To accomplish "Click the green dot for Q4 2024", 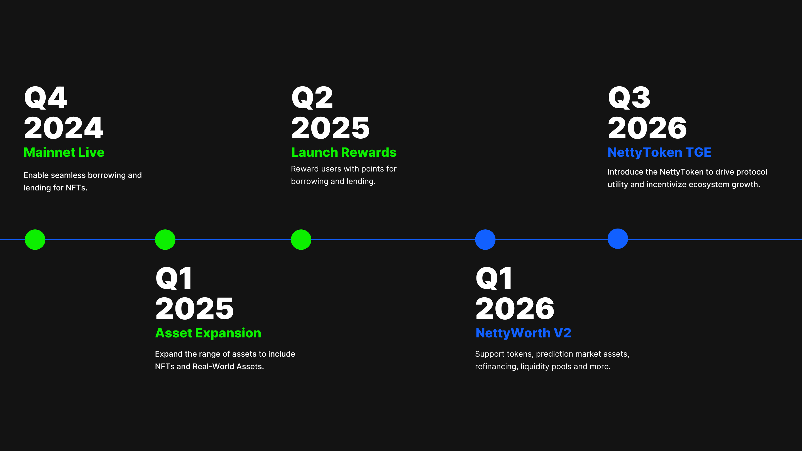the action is [x=35, y=239].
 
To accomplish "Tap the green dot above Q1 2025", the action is [x=165, y=239].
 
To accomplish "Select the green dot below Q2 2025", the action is [x=301, y=239].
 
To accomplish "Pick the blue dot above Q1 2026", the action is [x=485, y=239].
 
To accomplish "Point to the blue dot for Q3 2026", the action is [x=618, y=239].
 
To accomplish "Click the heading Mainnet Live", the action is [x=64, y=152].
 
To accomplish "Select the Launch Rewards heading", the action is [x=344, y=152].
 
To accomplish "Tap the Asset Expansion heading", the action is [x=208, y=333].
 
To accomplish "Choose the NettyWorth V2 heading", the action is [x=523, y=333].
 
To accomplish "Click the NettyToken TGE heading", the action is [x=659, y=153].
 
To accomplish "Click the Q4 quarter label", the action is [x=45, y=98].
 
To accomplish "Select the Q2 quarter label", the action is [x=312, y=98].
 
